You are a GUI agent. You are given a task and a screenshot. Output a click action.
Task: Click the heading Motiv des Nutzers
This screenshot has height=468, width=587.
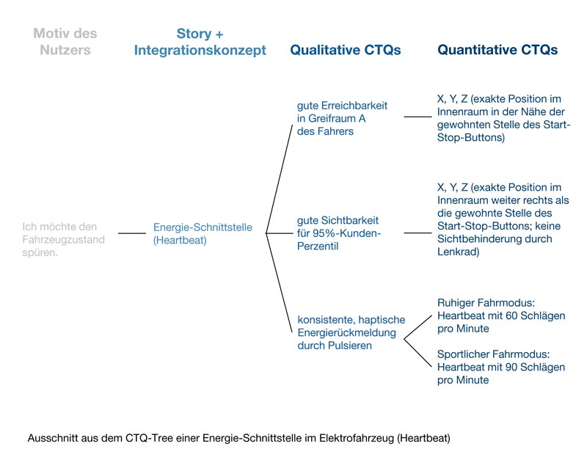pos(65,42)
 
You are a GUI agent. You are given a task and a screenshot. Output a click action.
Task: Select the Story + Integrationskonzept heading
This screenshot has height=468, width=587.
pos(200,42)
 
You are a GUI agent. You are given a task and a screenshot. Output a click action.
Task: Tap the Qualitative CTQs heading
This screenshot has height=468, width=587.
pos(345,50)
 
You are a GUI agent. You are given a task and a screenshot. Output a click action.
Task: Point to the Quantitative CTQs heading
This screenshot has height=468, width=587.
pos(497,50)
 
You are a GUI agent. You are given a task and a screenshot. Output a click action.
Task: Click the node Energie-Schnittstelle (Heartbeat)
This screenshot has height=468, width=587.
pos(203,233)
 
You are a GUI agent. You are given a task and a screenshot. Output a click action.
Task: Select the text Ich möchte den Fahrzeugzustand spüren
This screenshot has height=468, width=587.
pos(63,240)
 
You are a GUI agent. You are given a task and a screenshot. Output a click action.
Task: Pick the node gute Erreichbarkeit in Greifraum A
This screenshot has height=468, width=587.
pos(342,118)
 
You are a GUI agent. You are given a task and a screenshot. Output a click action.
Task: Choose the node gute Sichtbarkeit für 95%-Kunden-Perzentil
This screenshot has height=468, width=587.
pos(339,233)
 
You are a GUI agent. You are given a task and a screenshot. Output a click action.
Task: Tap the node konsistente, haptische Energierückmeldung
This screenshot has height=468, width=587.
pos(351,332)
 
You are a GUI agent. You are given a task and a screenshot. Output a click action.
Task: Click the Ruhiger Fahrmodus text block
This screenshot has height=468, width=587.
pos(501,315)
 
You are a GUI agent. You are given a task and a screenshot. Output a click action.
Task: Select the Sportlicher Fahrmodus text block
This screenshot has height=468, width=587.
pos(501,367)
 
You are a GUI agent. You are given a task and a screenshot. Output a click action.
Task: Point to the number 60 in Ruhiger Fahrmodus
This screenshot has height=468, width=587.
pos(511,315)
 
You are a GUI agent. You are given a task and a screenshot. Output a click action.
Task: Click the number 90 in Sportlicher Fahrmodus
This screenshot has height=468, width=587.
pos(511,367)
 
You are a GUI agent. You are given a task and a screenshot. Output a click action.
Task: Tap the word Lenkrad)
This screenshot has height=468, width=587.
pos(458,252)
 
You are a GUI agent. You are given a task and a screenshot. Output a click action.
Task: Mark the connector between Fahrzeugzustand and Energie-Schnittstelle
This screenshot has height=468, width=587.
pos(132,233)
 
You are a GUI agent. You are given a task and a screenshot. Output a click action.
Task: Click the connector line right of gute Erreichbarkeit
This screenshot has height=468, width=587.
pos(418,117)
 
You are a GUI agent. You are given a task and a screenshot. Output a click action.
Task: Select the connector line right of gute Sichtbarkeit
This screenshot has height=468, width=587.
pos(418,233)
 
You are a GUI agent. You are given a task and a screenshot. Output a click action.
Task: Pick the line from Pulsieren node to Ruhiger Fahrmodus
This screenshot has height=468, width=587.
pos(418,328)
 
